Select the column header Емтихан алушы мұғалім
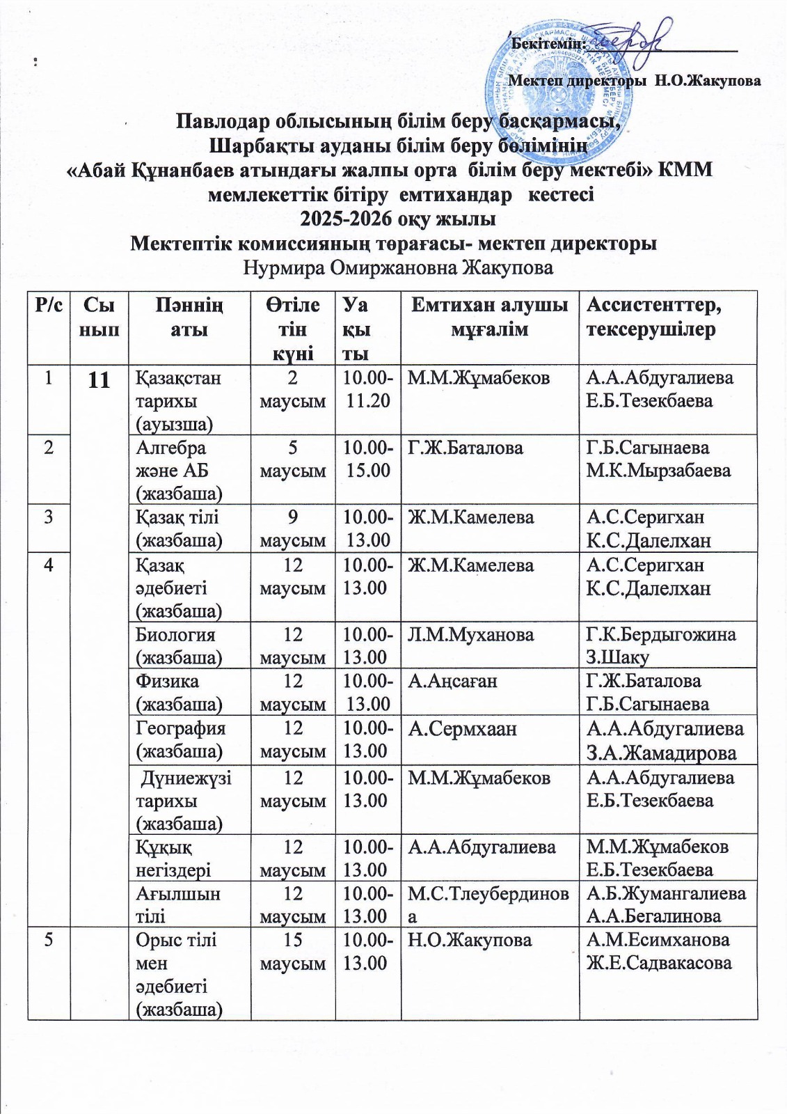tap(490, 317)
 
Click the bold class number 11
tap(100, 380)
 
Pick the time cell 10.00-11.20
tap(367, 389)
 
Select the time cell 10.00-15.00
tap(367, 458)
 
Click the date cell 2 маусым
tap(292, 389)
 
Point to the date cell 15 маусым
tap(292, 951)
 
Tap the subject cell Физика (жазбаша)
tap(179, 692)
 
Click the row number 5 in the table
tap(48, 939)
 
